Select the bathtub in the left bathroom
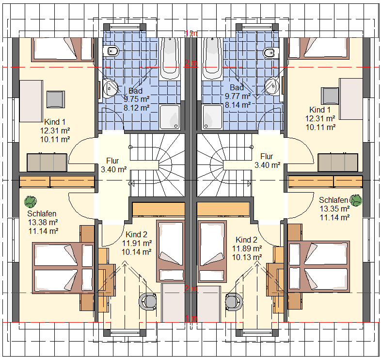[170, 59]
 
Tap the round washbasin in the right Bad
[272, 86]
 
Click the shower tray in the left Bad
[170, 117]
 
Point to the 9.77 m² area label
[238, 97]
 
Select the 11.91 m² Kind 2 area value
[137, 243]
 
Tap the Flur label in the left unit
[112, 161]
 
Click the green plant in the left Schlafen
[31, 202]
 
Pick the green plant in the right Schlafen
[356, 200]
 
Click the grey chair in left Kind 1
[56, 99]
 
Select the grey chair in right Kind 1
[330, 96]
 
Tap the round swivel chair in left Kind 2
[148, 301]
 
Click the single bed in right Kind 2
[212, 251]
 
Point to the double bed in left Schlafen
[63, 268]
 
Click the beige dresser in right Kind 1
[338, 163]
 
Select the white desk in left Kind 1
[32, 101]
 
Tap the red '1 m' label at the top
[191, 33]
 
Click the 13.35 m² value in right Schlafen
[334, 209]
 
